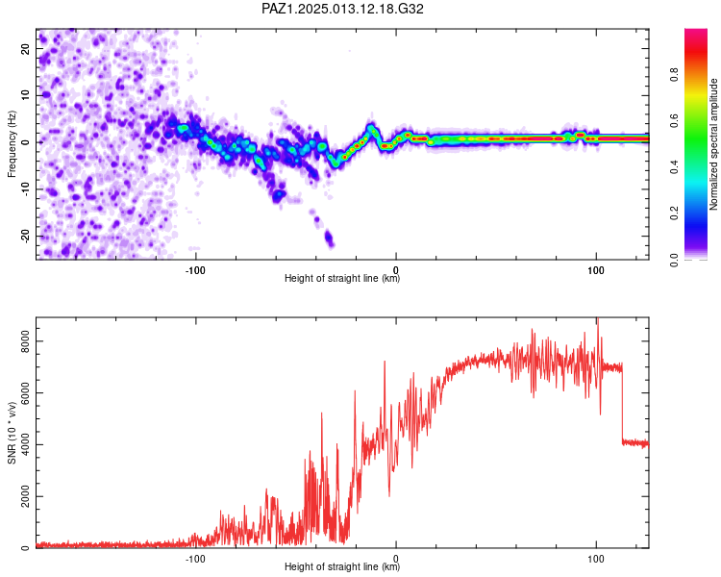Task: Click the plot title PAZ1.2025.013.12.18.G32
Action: tap(342, 9)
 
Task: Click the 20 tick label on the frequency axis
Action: tap(25, 48)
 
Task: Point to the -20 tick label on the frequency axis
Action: tap(25, 237)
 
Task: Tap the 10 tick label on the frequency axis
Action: tap(25, 95)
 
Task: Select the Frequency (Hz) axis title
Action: tap(12, 144)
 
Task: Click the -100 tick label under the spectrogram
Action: tap(195, 270)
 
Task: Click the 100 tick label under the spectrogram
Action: tap(596, 270)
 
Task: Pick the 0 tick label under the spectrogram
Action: tap(396, 270)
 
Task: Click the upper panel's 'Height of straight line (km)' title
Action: tap(342, 278)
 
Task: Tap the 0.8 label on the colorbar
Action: tap(675, 75)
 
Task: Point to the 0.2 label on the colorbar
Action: tap(675, 213)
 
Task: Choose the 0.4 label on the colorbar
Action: tap(675, 167)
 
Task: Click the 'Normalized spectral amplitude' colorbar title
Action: tap(713, 144)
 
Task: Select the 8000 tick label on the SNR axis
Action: tap(25, 341)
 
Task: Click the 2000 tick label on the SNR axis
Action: tap(25, 496)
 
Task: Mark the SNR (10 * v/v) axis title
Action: tap(12, 433)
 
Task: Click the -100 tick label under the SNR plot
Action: tap(195, 559)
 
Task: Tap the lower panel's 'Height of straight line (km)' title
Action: tap(342, 566)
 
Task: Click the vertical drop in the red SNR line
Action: tap(622, 405)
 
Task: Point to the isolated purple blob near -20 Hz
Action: tap(329, 238)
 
